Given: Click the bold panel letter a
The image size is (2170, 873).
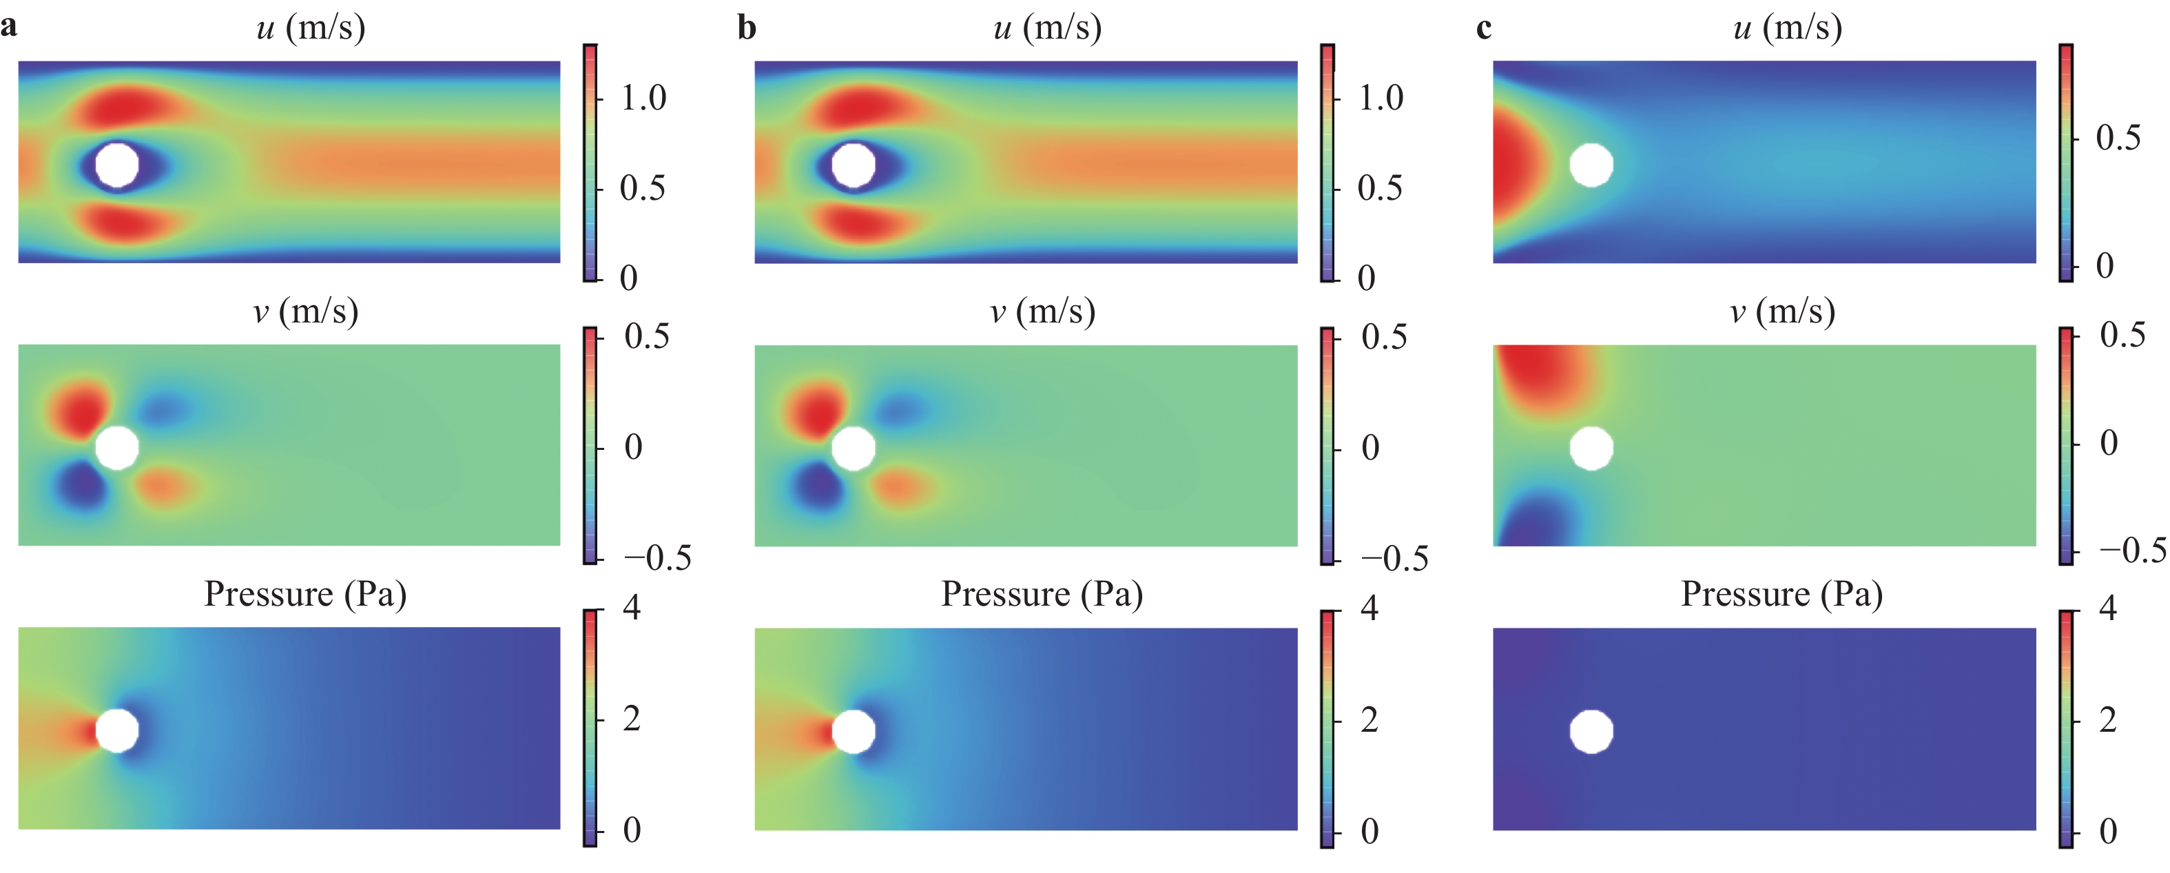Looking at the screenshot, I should coord(8,27).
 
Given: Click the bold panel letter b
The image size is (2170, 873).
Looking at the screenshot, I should coord(746,28).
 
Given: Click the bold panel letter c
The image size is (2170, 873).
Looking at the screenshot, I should coord(1485,28).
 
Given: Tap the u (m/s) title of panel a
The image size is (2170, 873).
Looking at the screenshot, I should coord(311,28).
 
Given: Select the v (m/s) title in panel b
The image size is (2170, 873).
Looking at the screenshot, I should coord(1043,311).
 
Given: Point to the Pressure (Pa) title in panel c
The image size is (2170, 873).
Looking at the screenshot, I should coord(1781,594).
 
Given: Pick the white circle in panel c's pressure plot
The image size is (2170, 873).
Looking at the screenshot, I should coord(1591,732).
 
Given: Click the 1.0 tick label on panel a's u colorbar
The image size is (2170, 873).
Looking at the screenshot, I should coord(643,99).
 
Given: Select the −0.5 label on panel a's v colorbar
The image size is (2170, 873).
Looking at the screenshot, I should coord(657,558).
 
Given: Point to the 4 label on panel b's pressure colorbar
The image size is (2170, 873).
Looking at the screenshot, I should coord(1370,608).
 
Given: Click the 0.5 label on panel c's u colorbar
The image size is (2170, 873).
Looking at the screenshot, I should coord(2118,137).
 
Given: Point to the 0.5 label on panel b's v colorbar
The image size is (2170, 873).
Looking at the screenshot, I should coord(1384,337).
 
